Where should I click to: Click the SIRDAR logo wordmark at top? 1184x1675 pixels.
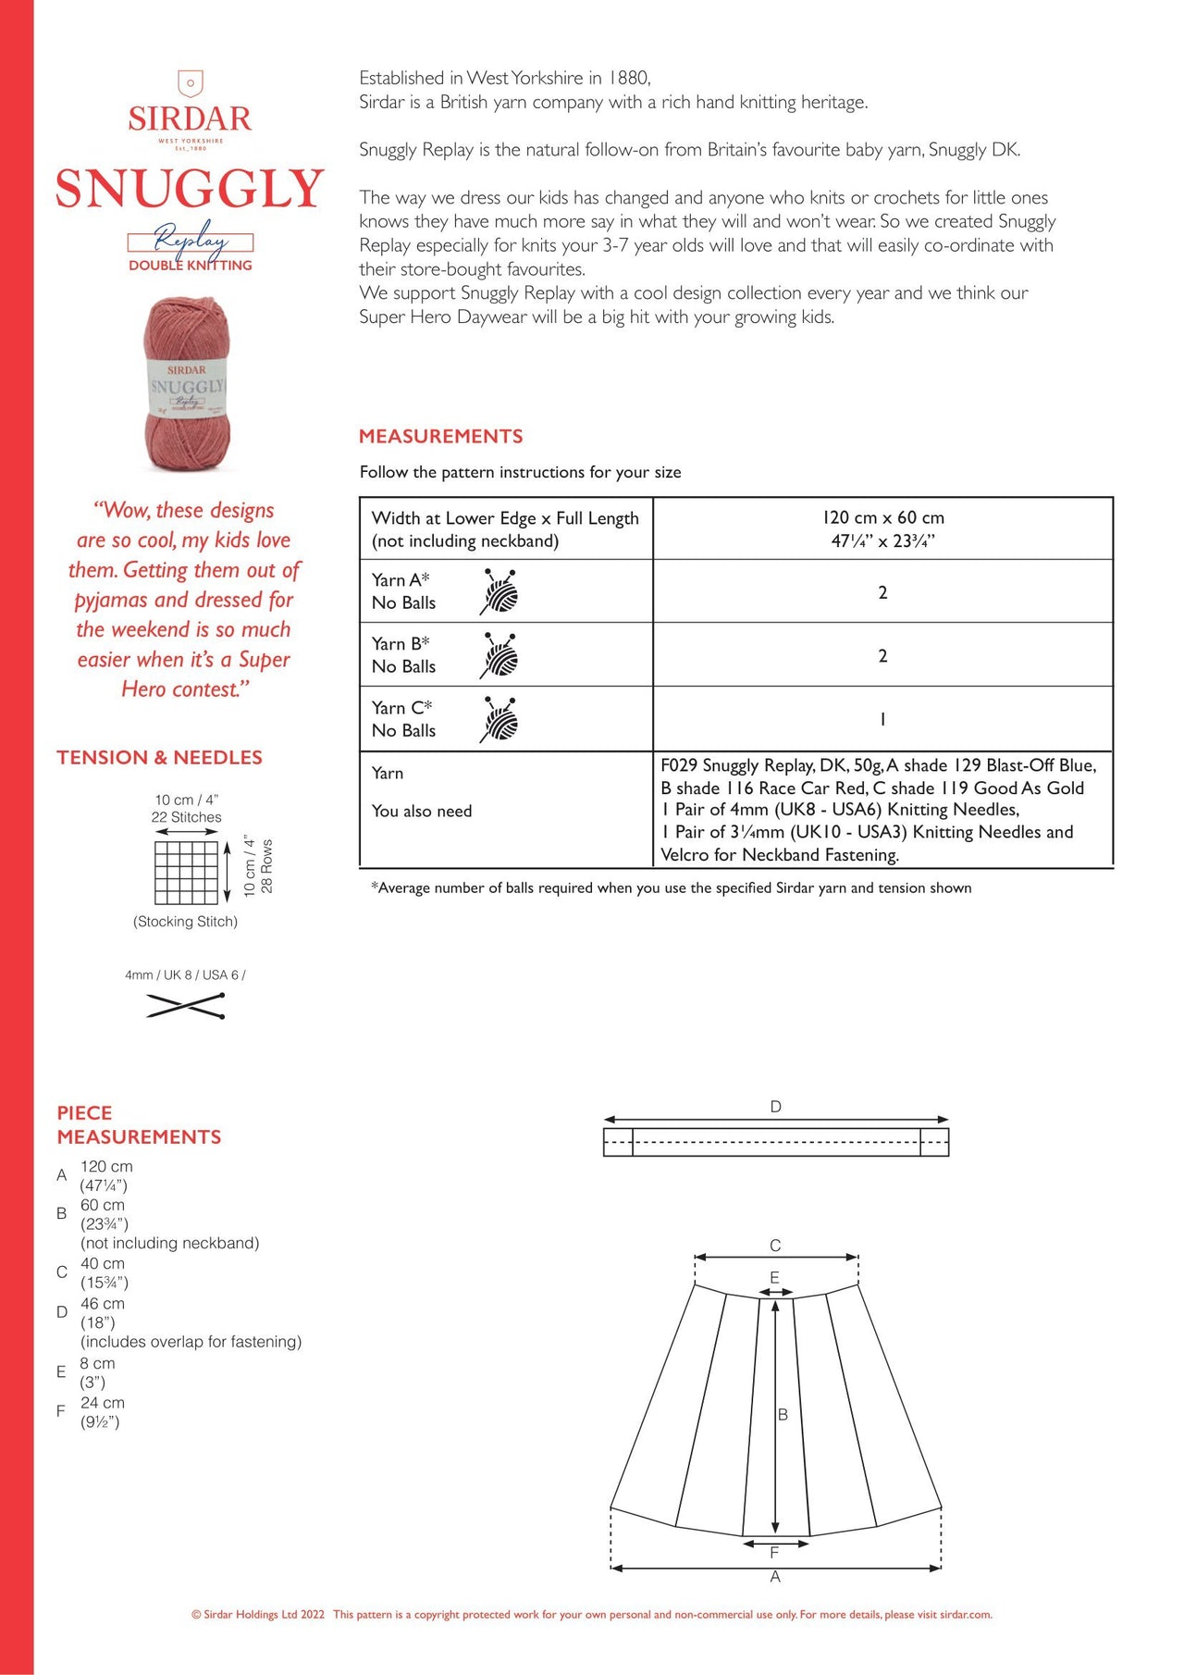pos(190,118)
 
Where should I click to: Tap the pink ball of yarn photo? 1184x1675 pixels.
pos(187,383)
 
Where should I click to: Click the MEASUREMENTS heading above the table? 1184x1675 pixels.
pos(440,437)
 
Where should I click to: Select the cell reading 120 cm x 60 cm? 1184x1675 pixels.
pos(882,528)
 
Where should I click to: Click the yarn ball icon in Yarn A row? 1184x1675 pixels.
pos(499,591)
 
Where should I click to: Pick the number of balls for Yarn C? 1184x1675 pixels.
pos(882,719)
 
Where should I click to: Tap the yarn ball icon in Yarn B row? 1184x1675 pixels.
pos(499,655)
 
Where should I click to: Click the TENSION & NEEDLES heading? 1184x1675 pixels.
pos(159,758)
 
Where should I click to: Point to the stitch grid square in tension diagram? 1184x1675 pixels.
pos(186,872)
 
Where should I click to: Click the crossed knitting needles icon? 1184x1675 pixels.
pos(186,1005)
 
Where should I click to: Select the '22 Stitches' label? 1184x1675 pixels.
pos(186,817)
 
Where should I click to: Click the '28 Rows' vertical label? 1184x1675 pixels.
pos(266,866)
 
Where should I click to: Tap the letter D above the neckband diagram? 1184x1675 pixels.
pos(775,1107)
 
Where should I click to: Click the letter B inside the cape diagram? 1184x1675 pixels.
pos(783,1414)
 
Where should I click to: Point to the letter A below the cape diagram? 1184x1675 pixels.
pos(775,1576)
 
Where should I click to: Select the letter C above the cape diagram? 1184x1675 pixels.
pos(775,1246)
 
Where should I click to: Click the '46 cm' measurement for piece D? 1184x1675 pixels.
pos(102,1303)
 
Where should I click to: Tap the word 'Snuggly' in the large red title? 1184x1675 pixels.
pos(190,189)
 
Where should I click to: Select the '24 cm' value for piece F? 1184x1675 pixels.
pos(102,1403)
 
